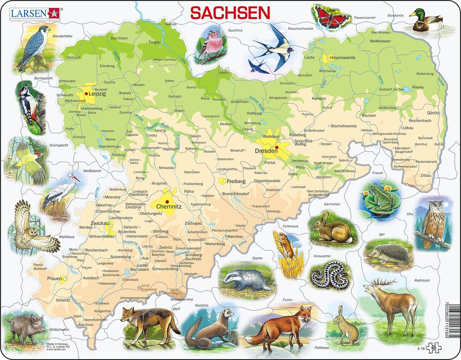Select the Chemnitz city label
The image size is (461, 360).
pos(169,207)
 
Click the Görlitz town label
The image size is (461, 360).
pos(433,113)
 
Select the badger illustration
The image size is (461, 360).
pos(244,278)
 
